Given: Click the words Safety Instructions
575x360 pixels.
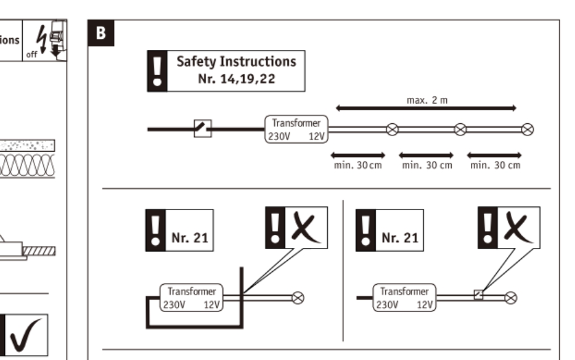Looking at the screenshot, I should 236,62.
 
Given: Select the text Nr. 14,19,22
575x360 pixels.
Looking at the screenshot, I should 236,80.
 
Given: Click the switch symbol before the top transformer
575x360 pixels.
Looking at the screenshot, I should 203,129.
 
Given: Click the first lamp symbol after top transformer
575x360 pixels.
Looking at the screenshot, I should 392,129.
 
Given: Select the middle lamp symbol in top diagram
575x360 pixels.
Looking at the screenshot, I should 460,129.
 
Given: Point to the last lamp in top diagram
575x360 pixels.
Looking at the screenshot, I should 528,129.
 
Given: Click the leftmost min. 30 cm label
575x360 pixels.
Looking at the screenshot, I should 357,165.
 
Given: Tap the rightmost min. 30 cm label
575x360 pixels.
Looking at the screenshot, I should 495,165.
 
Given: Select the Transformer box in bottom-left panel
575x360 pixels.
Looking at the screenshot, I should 192,298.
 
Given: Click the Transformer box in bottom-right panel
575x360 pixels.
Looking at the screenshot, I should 405,298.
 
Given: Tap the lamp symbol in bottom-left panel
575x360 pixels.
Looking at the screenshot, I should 298,298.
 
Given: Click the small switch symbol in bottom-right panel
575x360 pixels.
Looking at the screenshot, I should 478,294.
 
